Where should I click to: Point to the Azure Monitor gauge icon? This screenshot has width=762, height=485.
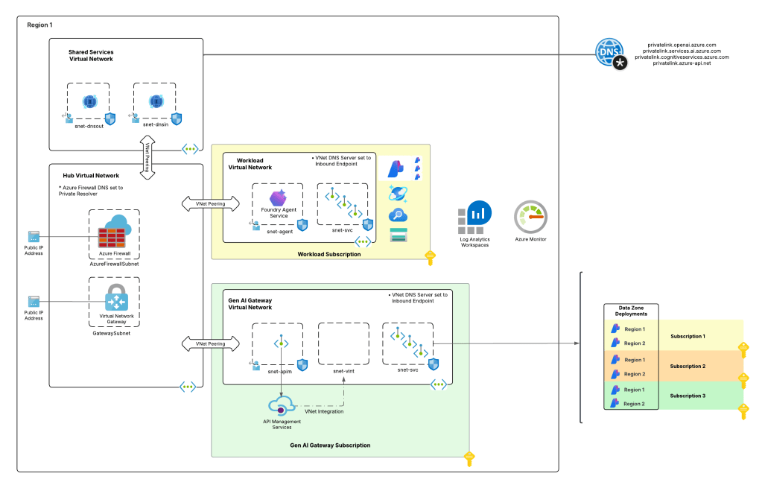tap(531, 218)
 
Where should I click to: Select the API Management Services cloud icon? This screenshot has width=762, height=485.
tap(282, 406)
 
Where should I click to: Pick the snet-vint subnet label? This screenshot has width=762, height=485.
tap(343, 370)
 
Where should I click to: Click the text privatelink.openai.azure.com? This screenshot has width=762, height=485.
tap(682, 45)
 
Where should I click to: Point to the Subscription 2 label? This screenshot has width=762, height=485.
tap(688, 367)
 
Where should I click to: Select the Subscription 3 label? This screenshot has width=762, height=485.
tap(688, 396)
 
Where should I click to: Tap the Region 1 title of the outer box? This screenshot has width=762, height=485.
tap(39, 25)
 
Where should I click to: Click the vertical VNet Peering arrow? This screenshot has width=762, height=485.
tap(147, 158)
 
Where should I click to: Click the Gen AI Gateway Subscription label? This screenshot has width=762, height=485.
tap(330, 446)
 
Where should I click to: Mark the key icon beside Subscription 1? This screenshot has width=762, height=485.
tap(743, 349)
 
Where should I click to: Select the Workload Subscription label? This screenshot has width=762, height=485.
tap(328, 255)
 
